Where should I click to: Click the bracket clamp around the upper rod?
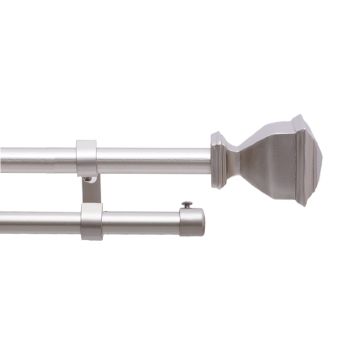click(87, 157)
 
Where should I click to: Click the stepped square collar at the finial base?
click(221, 161)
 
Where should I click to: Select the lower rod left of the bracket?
click(40, 222)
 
